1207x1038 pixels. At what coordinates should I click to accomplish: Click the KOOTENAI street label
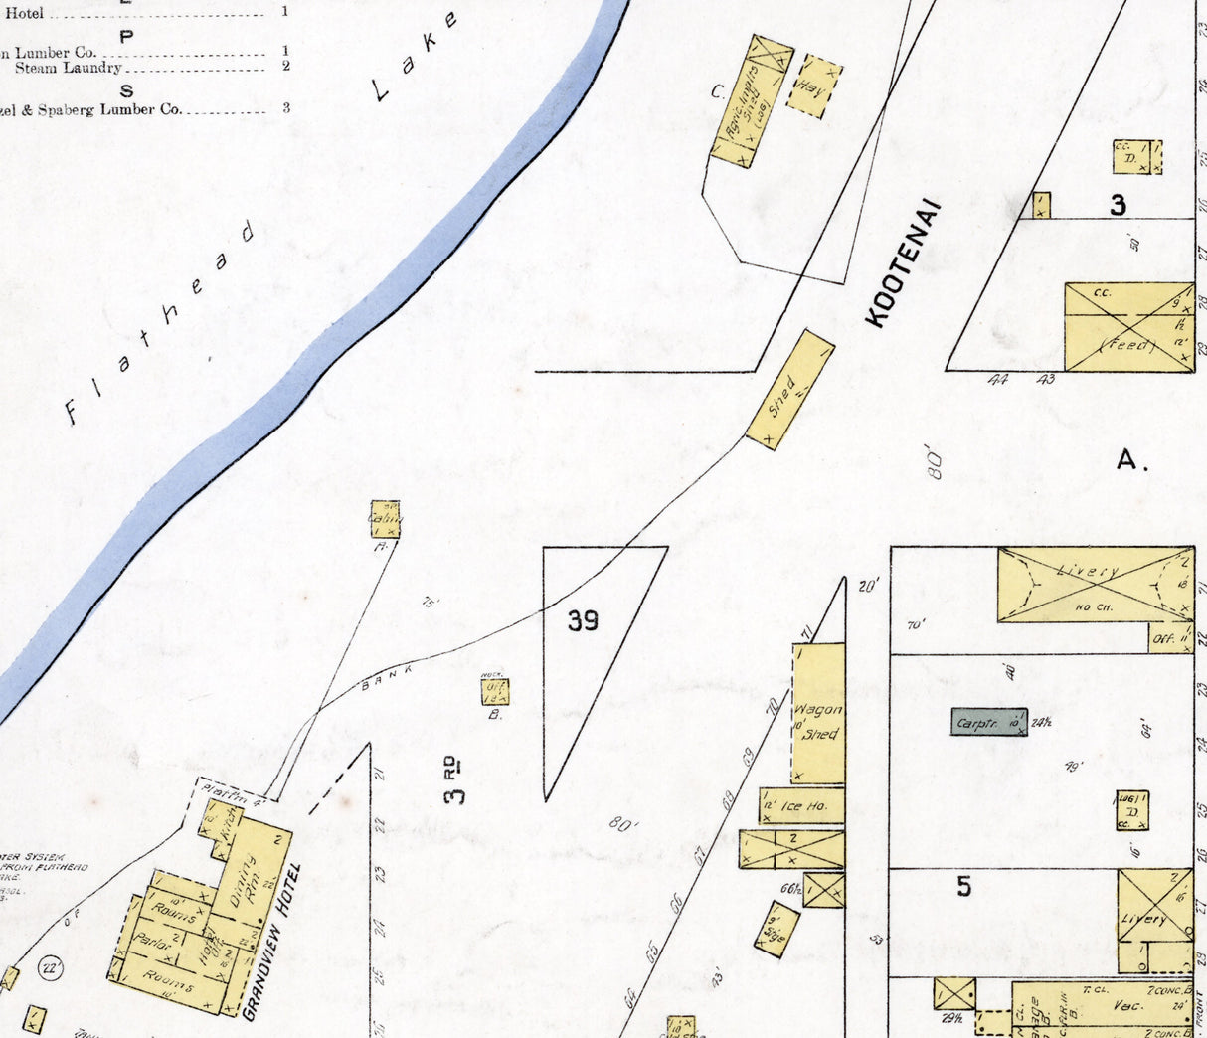tap(903, 263)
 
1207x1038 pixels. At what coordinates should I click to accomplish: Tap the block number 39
tap(583, 621)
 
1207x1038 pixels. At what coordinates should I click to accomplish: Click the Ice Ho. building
tap(801, 806)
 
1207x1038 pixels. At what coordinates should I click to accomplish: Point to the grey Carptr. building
tap(988, 722)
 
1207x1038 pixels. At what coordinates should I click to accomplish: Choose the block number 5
tap(963, 886)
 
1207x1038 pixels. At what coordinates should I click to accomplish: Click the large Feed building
tap(1128, 328)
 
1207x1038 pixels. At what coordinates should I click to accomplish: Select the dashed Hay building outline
tap(814, 87)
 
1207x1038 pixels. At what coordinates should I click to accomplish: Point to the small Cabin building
tap(385, 519)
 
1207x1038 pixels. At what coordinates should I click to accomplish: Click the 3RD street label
tap(453, 780)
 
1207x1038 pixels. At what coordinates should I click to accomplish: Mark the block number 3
tap(1119, 205)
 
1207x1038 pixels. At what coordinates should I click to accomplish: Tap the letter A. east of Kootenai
tap(1131, 460)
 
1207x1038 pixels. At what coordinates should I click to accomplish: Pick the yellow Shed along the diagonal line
tap(789, 390)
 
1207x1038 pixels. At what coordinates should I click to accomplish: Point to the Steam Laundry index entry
tap(68, 68)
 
